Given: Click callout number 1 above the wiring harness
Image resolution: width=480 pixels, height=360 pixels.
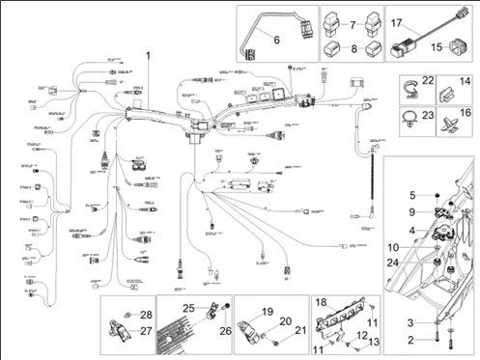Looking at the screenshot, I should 148,57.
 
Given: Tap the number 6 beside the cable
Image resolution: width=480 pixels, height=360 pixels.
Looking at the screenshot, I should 275,40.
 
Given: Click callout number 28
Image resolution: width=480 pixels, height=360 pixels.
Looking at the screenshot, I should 146,315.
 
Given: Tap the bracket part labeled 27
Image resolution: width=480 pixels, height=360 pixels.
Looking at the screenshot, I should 125,328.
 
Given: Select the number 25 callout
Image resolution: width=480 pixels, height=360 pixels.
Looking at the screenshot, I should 190,307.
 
